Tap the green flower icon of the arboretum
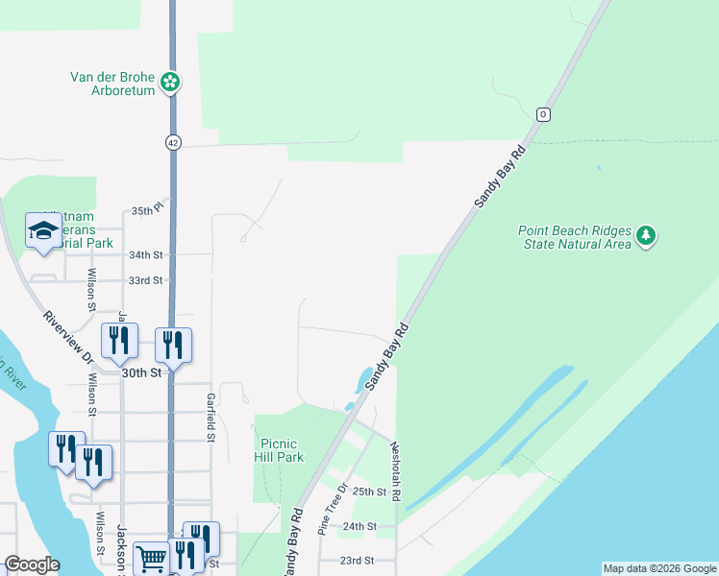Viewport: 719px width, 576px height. coord(170,82)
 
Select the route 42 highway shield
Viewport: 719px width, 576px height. coord(172,141)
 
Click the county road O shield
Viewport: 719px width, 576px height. coord(543,114)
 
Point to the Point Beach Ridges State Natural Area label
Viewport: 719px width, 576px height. coord(574,237)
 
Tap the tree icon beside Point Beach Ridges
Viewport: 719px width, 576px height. coord(647,236)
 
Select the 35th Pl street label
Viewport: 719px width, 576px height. coord(149,209)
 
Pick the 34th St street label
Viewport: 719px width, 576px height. coord(146,254)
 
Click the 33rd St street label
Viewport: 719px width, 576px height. coord(146,280)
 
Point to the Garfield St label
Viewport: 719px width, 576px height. coord(210,417)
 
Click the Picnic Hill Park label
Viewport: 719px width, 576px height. coord(282,450)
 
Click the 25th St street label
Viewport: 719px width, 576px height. coord(369,492)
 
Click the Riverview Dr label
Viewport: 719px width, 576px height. coord(67,338)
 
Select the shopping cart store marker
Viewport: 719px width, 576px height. coord(151,556)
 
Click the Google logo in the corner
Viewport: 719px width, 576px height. coord(32,564)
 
